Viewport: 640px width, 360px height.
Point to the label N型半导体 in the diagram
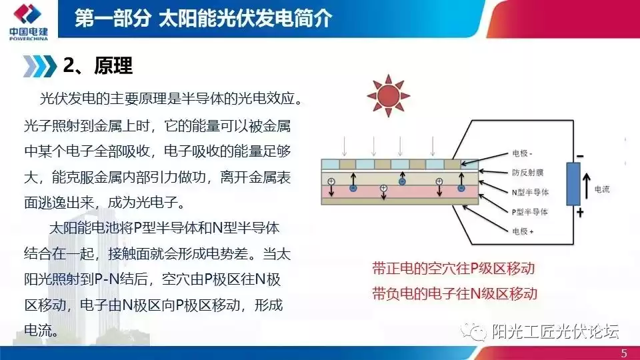pyautogui.click(x=529, y=192)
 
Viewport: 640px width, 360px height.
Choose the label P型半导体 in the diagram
pyautogui.click(x=529, y=211)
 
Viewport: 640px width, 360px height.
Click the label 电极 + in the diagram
pyautogui.click(x=523, y=231)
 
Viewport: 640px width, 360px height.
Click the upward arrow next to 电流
pyautogui.click(x=588, y=189)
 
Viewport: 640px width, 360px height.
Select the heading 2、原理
pyautogui.click(x=98, y=65)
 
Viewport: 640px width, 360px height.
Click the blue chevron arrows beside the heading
pyautogui.click(x=39, y=65)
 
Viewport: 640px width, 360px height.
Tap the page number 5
pyautogui.click(x=623, y=353)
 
